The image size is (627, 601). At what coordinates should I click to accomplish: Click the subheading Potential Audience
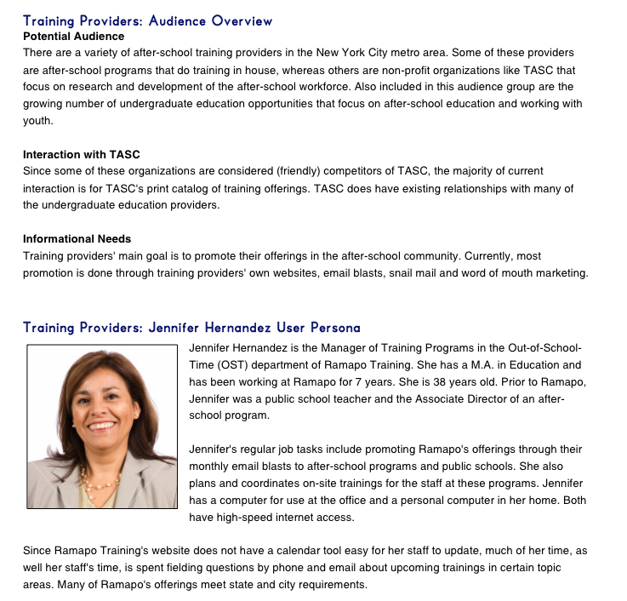73,37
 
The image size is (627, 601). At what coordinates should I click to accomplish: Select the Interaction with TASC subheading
82,154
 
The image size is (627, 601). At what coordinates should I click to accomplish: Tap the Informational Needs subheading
77,238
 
